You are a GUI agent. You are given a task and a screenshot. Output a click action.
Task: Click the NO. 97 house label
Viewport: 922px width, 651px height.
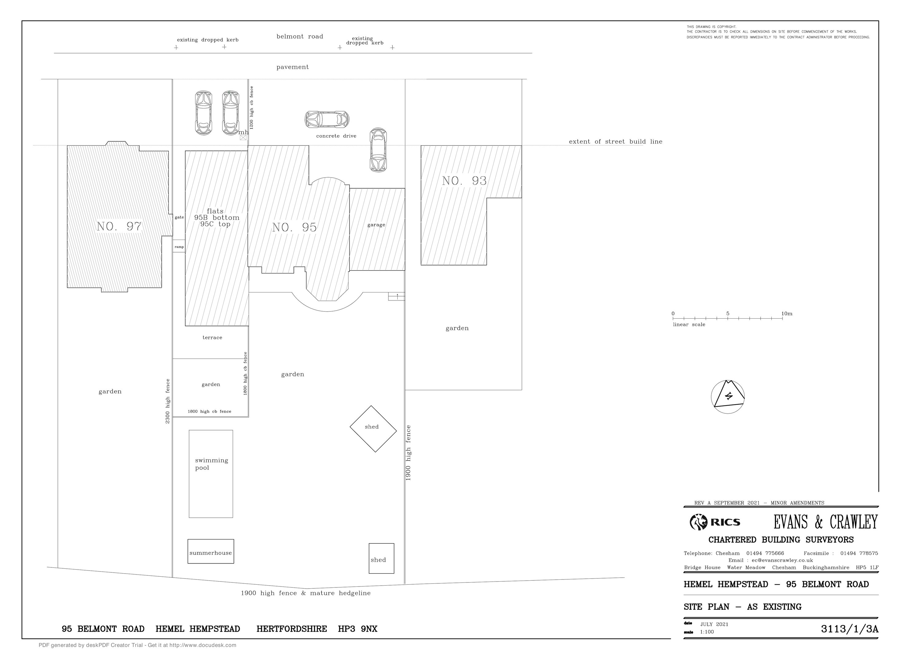(119, 226)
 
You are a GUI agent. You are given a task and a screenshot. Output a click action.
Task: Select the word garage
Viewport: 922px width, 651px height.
(376, 225)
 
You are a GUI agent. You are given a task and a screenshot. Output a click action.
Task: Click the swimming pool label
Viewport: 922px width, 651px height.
(211, 464)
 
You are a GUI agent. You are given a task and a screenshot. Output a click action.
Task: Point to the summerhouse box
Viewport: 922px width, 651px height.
(211, 551)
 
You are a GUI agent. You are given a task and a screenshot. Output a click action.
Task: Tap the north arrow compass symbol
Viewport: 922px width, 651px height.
(728, 397)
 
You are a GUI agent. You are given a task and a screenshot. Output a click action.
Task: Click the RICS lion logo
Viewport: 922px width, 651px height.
(698, 522)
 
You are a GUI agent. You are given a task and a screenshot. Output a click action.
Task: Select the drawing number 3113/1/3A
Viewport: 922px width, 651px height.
(850, 629)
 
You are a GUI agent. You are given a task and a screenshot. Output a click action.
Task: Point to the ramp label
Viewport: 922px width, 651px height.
(179, 247)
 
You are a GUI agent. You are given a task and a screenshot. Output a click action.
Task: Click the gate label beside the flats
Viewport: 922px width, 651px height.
(179, 218)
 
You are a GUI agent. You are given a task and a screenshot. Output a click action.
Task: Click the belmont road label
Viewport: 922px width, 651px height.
(300, 37)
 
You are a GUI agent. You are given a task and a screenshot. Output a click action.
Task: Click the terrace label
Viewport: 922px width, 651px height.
(212, 338)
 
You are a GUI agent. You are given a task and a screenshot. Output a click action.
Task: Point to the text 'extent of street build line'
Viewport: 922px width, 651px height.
(616, 142)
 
